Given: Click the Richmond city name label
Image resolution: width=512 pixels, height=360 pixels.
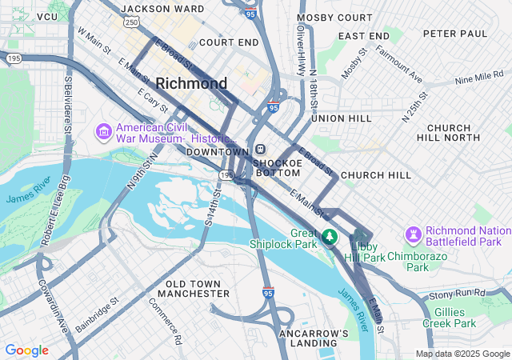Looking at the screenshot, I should (191, 83).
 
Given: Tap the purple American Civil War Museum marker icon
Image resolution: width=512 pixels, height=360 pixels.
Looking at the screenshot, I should (103, 130).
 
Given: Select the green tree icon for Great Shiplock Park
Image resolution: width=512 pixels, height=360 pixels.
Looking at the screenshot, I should (329, 237).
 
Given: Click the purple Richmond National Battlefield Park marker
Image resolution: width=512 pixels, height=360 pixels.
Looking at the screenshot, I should (413, 234).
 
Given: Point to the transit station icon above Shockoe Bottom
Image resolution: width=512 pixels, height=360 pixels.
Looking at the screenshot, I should (261, 150).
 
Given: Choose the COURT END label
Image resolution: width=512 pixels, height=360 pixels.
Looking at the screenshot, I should (229, 42).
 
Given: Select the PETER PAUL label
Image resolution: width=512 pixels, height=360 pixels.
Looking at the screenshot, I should (455, 34).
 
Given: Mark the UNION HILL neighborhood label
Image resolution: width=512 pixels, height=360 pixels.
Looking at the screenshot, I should (342, 118).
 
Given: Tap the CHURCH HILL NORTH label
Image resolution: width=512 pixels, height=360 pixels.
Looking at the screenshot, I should (459, 133).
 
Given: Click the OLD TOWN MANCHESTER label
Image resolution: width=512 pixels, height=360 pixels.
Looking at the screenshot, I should (198, 289).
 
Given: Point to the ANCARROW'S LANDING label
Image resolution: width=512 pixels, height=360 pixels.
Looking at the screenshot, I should (314, 338).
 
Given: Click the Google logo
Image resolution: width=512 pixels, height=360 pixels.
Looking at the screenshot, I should (26, 350).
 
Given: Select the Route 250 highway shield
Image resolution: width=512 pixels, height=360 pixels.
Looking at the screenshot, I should (131, 22).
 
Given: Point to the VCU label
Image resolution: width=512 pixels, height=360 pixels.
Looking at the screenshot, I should (47, 17).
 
